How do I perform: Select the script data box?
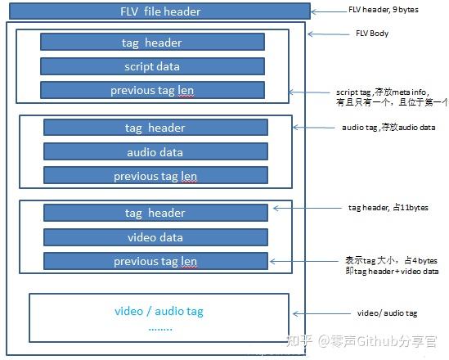152,66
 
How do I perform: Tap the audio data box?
155,152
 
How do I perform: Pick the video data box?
155,237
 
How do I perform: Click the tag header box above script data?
152,43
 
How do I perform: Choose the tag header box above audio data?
155,128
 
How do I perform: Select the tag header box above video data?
155,213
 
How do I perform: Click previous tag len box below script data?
152,91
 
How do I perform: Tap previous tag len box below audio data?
155,176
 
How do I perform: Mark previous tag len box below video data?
155,262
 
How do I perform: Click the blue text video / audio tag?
159,312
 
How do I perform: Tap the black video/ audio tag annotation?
388,313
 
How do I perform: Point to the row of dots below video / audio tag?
159,327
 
